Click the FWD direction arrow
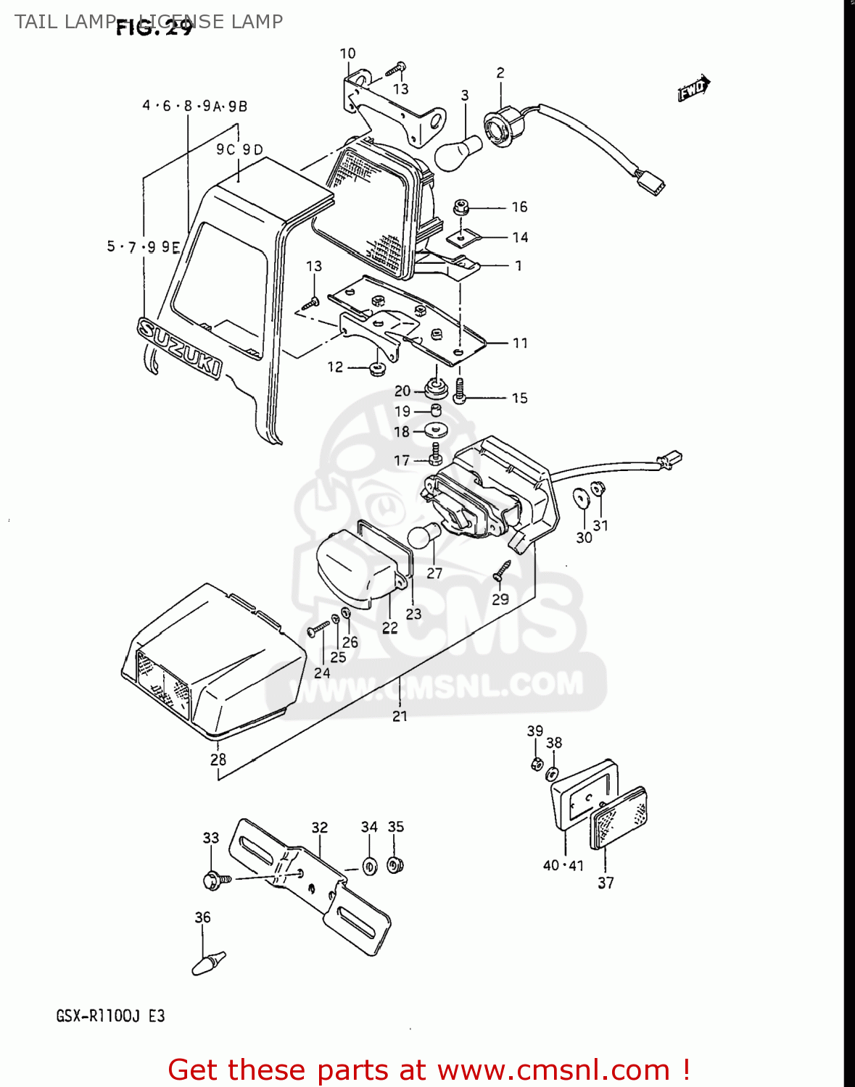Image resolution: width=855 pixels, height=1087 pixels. click(x=694, y=88)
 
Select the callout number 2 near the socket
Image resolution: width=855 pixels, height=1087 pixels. click(x=500, y=72)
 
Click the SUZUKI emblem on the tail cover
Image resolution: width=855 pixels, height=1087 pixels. click(x=178, y=347)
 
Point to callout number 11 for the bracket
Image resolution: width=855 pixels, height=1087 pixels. click(x=520, y=343)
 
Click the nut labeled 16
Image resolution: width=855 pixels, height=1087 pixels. click(x=460, y=208)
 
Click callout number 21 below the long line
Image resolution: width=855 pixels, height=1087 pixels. click(x=400, y=716)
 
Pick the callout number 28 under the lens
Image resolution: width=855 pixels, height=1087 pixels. click(x=218, y=759)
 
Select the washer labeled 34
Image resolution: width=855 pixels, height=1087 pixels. click(x=370, y=866)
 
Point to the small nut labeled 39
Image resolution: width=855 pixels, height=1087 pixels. click(x=537, y=763)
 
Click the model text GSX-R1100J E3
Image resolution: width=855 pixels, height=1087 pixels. click(x=110, y=1016)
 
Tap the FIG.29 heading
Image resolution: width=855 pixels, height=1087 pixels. click(x=154, y=28)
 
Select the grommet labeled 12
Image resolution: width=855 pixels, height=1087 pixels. click(x=376, y=370)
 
